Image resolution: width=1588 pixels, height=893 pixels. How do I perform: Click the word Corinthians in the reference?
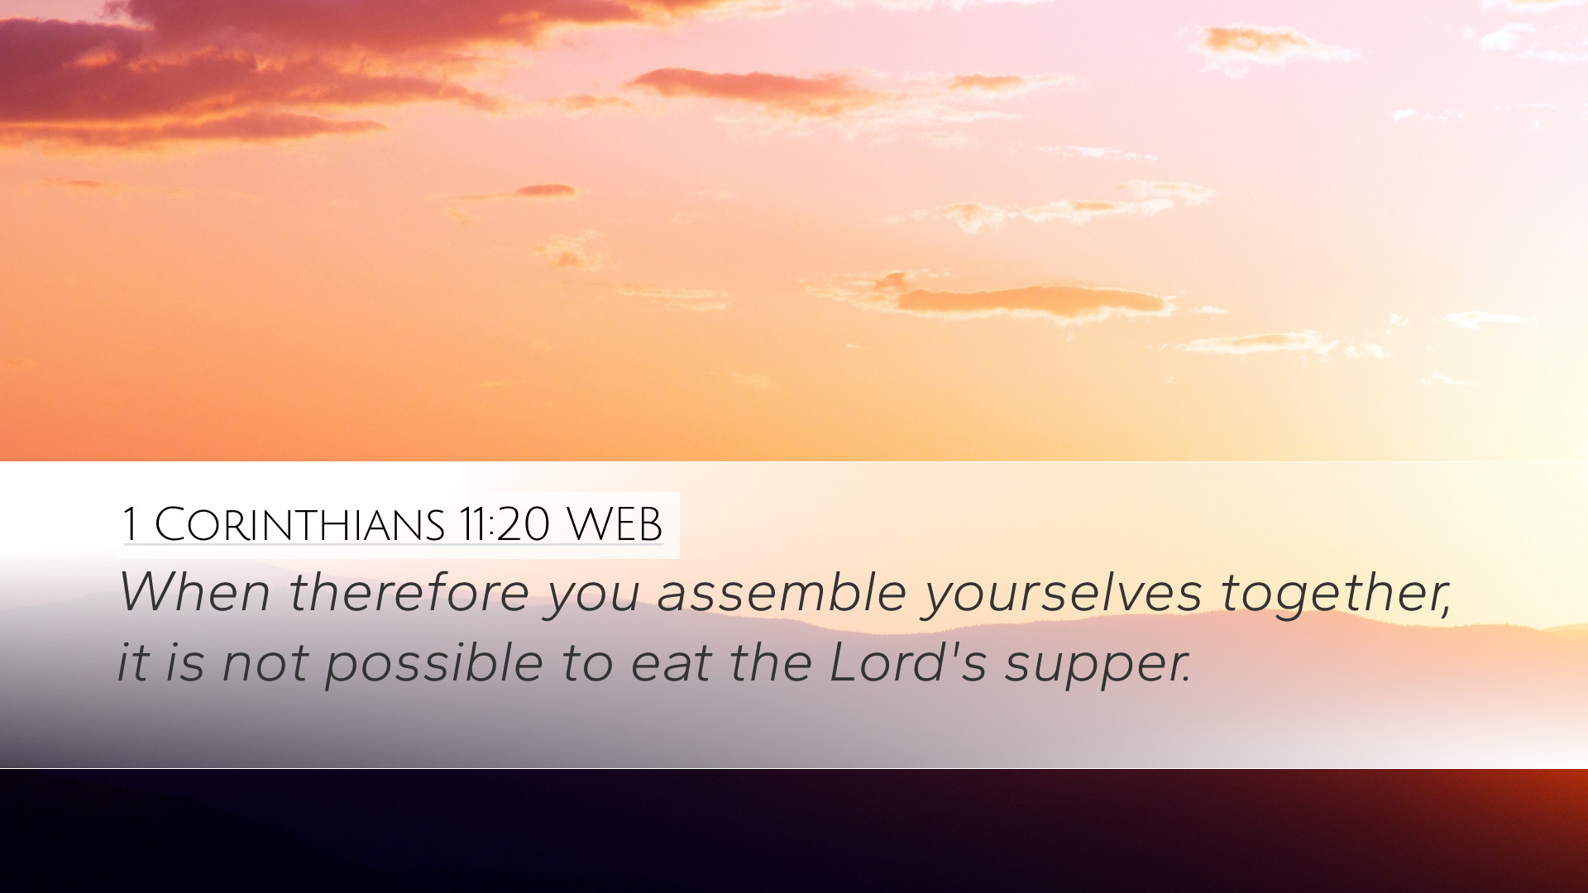[300, 524]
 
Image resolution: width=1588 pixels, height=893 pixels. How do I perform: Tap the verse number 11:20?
[505, 524]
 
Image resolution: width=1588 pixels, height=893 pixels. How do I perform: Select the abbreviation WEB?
[615, 524]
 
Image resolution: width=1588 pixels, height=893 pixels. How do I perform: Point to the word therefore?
[409, 592]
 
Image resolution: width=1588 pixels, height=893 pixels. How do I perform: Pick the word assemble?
[782, 592]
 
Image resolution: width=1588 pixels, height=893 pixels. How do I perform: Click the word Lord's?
[908, 661]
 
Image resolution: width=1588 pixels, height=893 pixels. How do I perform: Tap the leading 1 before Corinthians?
[129, 524]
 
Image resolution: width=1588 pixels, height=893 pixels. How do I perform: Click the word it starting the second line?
[132, 661]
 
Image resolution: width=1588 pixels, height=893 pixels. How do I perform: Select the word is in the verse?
[184, 661]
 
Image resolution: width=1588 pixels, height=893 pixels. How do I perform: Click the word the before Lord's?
[770, 661]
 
